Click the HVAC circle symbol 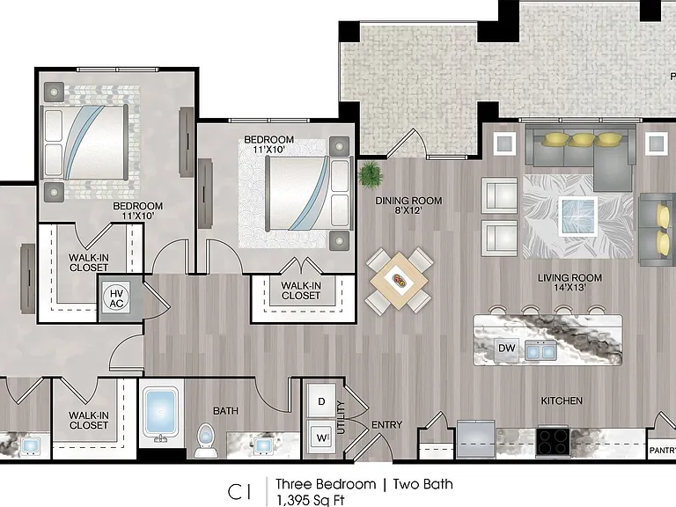coord(116,298)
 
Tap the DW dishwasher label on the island coord(507,348)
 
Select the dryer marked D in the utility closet coord(321,401)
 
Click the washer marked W coord(321,437)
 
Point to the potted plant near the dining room coord(370,174)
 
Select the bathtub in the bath coord(160,412)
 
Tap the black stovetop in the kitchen coord(553,441)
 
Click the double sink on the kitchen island coord(540,350)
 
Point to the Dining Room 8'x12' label coord(408,206)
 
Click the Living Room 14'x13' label coord(569,283)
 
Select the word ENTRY coord(386,425)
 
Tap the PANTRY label coord(663,451)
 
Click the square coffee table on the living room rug coord(578,217)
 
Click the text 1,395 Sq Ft coord(310,500)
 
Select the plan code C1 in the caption coord(239,492)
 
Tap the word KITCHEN coord(562,401)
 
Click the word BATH coord(225,411)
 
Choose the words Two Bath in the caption coord(422,485)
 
